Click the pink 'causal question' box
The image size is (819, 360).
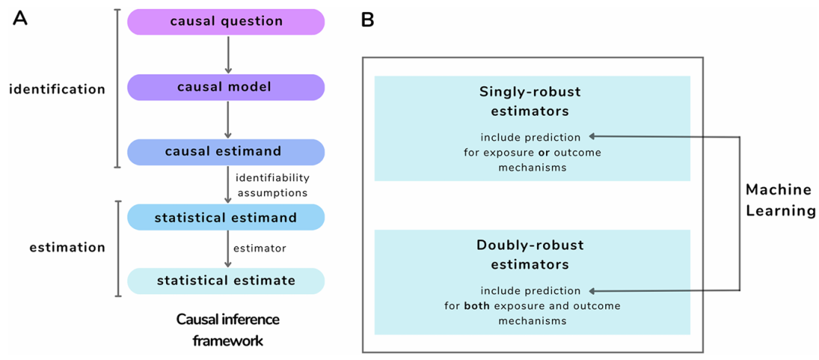[226, 22]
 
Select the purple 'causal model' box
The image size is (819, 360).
[226, 87]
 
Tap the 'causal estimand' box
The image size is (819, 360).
[226, 152]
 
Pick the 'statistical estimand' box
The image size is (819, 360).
[226, 217]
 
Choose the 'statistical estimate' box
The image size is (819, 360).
[226, 280]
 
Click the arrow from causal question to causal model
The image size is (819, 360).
[227, 55]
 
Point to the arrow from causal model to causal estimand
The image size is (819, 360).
[227, 120]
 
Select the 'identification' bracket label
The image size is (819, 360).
[58, 89]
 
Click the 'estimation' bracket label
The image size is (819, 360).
[67, 247]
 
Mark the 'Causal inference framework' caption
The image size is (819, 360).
[227, 330]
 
